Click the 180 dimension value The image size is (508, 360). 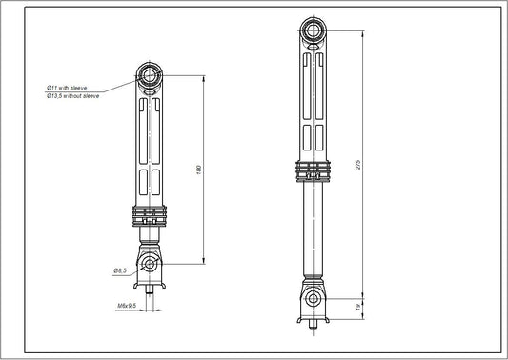coord(198,169)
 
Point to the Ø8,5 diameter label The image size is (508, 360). coord(121,271)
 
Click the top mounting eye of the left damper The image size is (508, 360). coord(150,74)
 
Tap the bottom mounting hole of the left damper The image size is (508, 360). coord(150,263)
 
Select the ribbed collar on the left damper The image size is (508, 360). coord(150,214)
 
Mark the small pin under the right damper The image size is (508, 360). coord(312,325)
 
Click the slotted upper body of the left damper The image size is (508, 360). coord(150,143)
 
